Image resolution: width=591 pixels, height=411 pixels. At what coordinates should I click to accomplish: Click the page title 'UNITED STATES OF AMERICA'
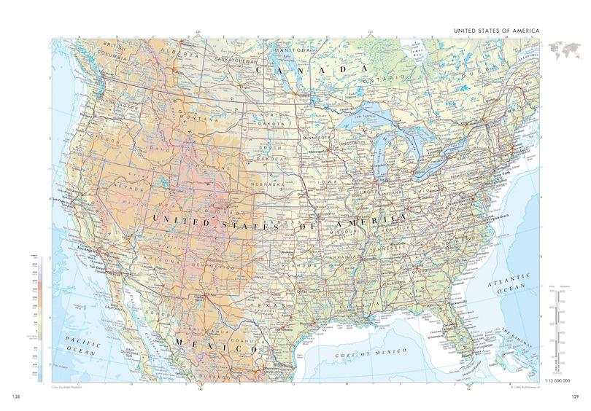point(496,31)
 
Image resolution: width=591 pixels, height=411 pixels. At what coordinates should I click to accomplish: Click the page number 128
point(16,396)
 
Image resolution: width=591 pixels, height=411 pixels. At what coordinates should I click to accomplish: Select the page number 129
point(574,396)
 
